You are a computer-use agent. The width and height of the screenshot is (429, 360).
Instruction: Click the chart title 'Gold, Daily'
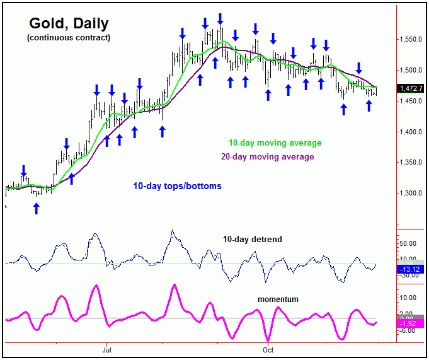pos(69,24)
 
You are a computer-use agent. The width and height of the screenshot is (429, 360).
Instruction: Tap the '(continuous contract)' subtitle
pos(69,38)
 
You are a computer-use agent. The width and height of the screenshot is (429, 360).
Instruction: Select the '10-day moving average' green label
pos(275,143)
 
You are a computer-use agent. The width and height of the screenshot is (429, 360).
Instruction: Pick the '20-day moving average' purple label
pos(267,156)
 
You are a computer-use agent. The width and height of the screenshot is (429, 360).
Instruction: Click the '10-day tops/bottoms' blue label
pos(177,187)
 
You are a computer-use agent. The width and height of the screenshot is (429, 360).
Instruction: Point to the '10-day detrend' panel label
pos(252,240)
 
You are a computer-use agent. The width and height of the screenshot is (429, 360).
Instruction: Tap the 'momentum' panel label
pos(278,299)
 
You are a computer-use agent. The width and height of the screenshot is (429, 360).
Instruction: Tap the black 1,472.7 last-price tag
pos(411,89)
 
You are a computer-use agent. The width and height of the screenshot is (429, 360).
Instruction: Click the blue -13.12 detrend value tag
pos(411,269)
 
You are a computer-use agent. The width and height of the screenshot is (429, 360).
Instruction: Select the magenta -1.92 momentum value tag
pos(411,323)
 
